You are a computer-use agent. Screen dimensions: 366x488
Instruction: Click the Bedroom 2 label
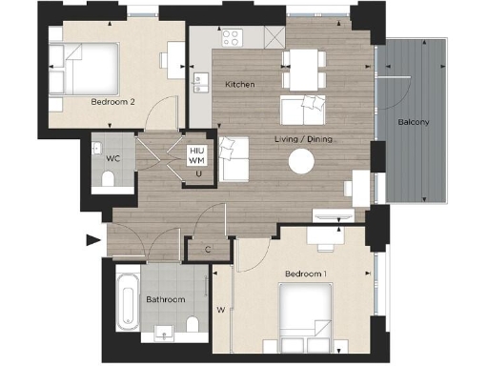click(x=112, y=101)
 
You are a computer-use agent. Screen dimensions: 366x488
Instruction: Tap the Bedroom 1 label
click(x=306, y=274)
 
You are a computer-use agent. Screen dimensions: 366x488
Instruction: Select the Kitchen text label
click(x=239, y=85)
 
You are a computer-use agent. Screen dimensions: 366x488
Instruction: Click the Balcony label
click(x=413, y=122)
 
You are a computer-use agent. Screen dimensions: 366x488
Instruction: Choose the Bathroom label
click(x=165, y=299)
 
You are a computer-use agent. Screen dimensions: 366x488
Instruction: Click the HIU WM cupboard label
click(x=197, y=155)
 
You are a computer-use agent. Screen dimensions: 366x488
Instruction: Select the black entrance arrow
click(x=93, y=240)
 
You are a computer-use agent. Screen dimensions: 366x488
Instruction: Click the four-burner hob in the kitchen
click(x=232, y=38)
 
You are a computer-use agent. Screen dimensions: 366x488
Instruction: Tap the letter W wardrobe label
click(x=220, y=309)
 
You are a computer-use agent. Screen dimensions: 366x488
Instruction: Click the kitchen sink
click(x=199, y=84)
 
